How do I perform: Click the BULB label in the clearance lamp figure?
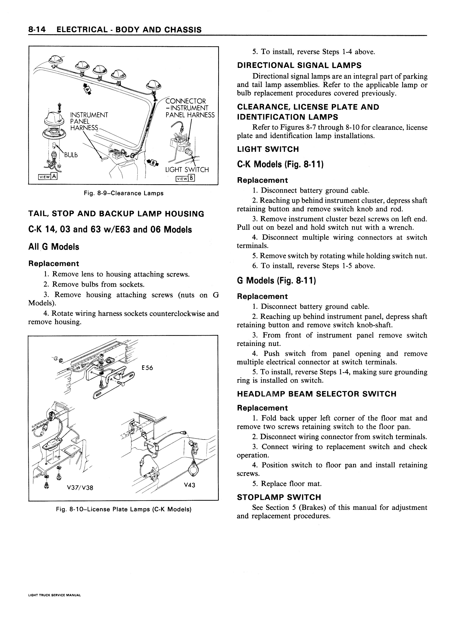coord(71,155)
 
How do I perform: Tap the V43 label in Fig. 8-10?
coord(189,485)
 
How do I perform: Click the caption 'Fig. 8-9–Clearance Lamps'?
coord(124,193)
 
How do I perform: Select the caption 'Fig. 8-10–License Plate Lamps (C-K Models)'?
coord(124,509)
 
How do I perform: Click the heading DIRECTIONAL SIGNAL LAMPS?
coord(299,66)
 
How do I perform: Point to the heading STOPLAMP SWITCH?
coord(279,497)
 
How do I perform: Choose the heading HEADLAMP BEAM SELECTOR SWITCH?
coord(317,394)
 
